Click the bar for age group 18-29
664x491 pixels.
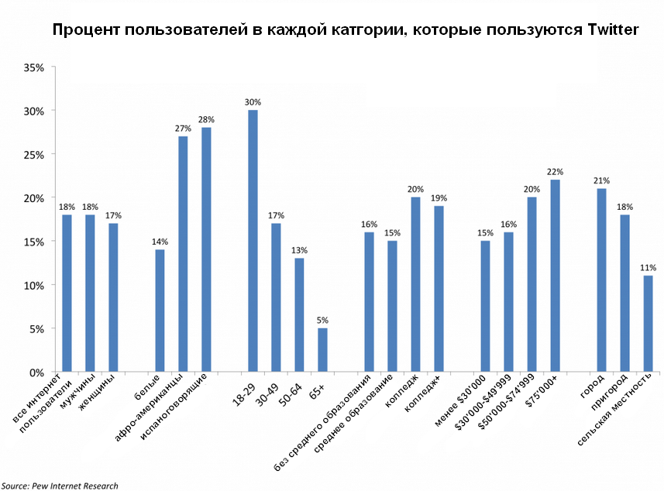pos(253,241)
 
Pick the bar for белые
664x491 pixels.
pos(160,311)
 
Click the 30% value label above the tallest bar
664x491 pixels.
pos(253,102)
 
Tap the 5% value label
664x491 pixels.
pos(322,321)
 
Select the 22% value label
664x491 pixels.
pos(555,172)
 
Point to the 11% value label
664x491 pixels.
pos(648,268)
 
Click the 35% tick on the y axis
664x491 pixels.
pos(36,67)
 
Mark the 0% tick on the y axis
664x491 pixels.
pos(38,373)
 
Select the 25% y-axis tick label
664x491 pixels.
pos(36,155)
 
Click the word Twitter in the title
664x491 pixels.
pos(607,30)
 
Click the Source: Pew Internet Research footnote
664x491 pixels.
pos(60,486)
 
